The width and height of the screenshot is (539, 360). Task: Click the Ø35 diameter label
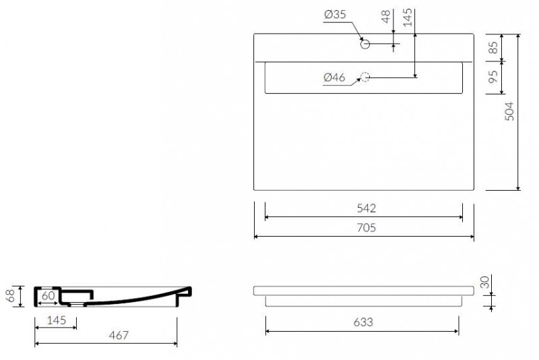coord(335,14)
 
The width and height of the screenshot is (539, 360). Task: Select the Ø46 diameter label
coord(334,78)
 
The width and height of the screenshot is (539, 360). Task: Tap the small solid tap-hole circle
coord(365,44)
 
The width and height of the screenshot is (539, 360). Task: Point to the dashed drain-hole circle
coord(365,77)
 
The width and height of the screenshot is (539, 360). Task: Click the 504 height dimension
coord(509,111)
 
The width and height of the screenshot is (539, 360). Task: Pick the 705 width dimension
coord(366,228)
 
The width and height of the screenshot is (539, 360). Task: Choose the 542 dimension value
coord(367,208)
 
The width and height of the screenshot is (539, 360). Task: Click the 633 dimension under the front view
coord(363,322)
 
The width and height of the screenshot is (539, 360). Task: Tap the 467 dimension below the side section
coord(119,335)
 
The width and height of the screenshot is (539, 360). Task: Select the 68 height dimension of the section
coord(11,296)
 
